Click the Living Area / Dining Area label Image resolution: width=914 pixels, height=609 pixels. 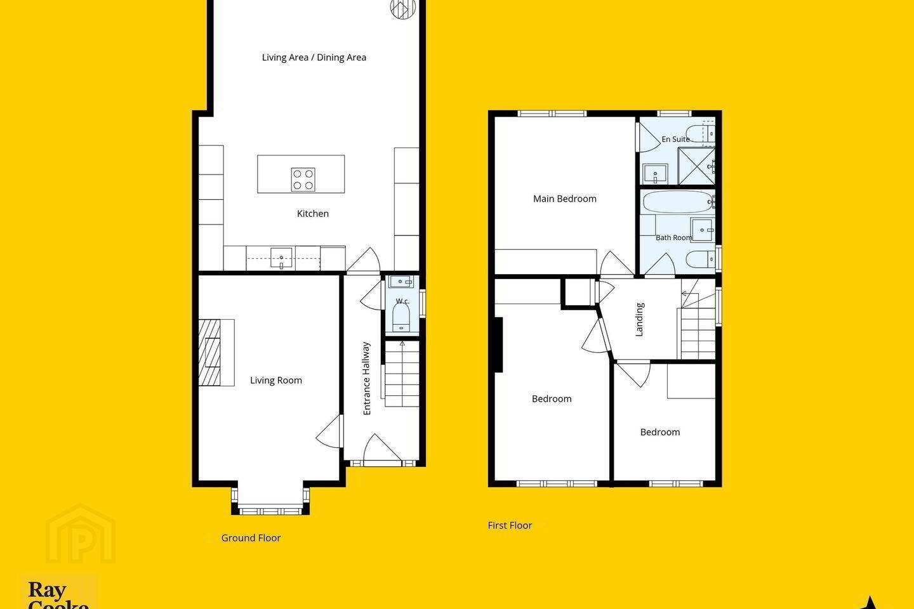[x=314, y=58]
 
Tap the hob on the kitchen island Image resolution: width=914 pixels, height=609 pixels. [x=303, y=180]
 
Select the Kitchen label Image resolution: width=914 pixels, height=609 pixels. [x=312, y=213]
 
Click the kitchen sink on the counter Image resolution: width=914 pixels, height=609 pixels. [x=281, y=258]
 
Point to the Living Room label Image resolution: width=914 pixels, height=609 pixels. [x=276, y=380]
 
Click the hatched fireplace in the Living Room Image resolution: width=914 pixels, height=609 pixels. [x=209, y=353]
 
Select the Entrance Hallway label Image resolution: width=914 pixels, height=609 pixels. [x=366, y=379]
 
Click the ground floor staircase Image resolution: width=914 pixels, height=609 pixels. [x=402, y=374]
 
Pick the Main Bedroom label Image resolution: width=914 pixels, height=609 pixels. [x=565, y=199]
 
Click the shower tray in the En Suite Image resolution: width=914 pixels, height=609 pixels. [x=696, y=166]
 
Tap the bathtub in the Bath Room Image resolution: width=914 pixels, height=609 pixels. [x=679, y=202]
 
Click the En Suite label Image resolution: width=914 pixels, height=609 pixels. [x=675, y=139]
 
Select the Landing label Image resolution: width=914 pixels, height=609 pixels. [x=639, y=319]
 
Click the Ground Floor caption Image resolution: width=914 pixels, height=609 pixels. [x=251, y=538]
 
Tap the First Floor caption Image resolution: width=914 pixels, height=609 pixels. [x=510, y=525]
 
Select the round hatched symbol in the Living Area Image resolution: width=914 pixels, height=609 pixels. [x=403, y=9]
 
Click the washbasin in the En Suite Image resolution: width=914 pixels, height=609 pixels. [x=655, y=174]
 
